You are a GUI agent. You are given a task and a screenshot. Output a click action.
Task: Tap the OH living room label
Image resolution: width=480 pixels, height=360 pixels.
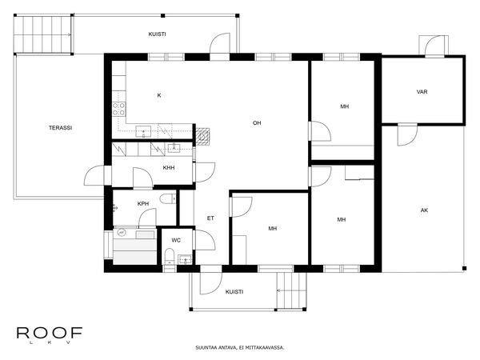point(257,123)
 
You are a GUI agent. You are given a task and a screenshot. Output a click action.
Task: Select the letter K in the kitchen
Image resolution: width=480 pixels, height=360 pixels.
point(159,96)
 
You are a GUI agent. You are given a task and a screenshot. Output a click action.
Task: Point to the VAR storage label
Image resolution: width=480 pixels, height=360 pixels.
point(422,92)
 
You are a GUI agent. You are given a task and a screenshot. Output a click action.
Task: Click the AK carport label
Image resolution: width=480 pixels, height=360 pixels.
point(424,210)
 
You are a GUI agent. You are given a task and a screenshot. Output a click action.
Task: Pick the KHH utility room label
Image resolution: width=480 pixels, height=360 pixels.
point(169,168)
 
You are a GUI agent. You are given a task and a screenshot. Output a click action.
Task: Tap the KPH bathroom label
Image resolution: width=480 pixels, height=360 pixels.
point(143,204)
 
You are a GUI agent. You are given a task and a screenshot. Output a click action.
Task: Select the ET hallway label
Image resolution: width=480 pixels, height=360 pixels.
point(210,218)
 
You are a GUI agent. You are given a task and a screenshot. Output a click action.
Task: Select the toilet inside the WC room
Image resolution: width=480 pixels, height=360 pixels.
point(169,255)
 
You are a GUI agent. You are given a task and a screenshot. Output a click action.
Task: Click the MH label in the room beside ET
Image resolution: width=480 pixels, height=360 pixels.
point(273,229)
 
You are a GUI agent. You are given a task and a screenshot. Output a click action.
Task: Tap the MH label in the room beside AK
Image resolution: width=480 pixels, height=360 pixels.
point(342,219)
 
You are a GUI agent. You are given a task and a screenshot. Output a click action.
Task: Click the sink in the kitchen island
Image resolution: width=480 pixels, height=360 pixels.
point(145,131)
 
